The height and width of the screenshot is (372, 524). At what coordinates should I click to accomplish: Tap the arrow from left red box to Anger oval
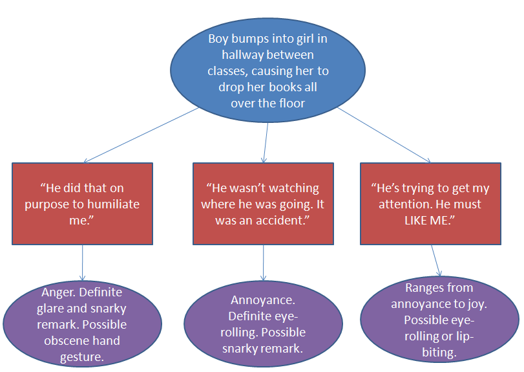[83, 262]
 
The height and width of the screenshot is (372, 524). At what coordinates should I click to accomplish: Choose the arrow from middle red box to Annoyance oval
[263, 262]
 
